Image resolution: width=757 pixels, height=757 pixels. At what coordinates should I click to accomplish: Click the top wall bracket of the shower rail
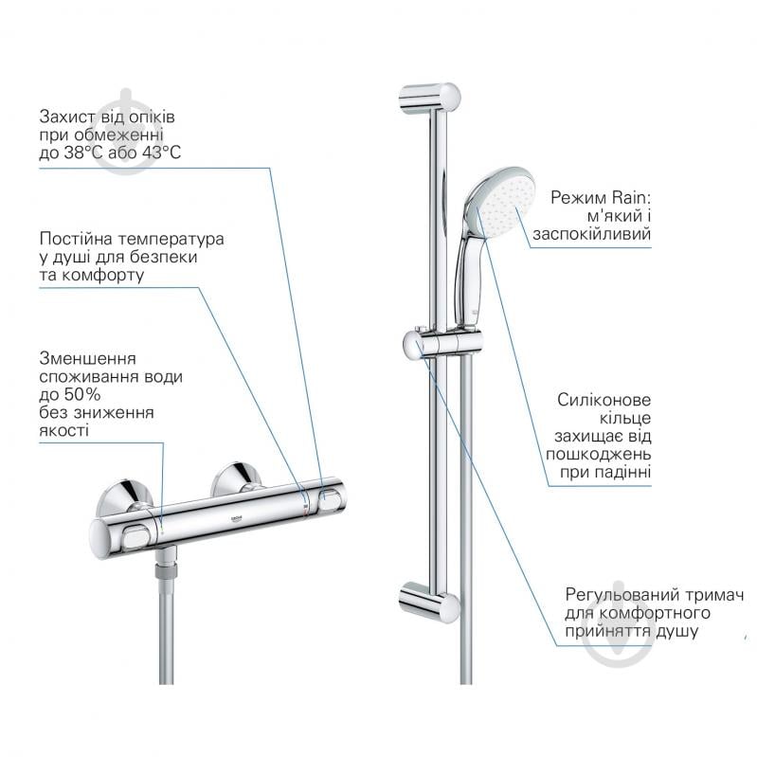[429, 98]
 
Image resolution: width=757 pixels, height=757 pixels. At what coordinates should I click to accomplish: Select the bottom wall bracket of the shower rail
[428, 600]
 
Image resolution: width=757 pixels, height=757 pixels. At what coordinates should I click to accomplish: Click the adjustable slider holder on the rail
[442, 343]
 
